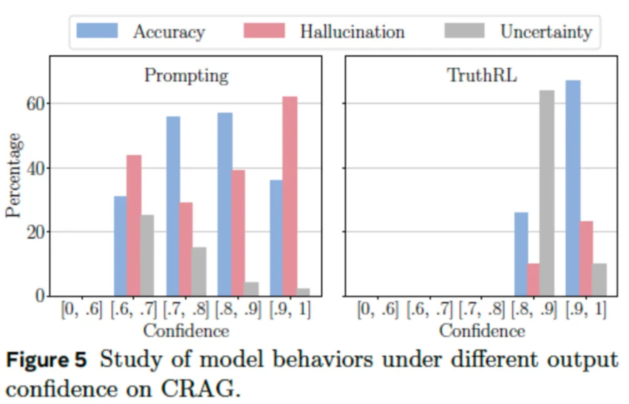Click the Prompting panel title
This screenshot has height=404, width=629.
(186, 76)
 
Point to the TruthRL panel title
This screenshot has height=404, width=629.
(481, 76)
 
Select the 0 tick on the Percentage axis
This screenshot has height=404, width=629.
(39, 296)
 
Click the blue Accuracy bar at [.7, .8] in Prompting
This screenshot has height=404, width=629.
(173, 206)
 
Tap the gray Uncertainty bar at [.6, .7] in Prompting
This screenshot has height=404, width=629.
(147, 256)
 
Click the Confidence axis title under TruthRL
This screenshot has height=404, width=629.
(482, 331)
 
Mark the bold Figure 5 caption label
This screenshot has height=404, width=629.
(46, 360)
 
